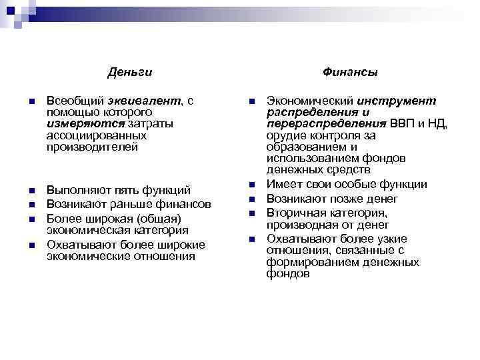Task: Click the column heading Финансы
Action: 351,71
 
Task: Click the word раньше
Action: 127,204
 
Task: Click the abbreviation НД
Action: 439,123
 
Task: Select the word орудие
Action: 285,135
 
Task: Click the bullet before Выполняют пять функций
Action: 32,191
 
